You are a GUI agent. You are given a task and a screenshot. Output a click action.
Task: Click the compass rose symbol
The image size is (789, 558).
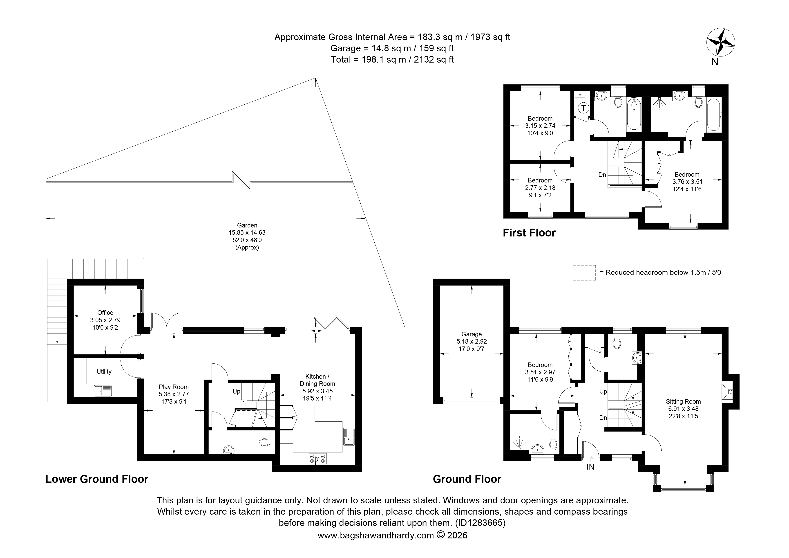[x=721, y=43]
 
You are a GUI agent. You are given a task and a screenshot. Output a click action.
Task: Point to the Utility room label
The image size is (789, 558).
[x=104, y=371]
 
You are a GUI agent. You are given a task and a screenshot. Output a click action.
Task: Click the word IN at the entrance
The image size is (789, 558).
[x=590, y=467]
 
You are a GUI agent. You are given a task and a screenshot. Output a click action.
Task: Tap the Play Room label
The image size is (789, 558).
[x=174, y=394]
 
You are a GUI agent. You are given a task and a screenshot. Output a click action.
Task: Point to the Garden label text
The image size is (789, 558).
[x=247, y=236]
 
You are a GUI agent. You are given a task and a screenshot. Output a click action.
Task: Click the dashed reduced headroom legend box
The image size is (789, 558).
[x=584, y=273]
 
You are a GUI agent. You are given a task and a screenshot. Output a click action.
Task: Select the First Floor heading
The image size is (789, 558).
[x=529, y=233]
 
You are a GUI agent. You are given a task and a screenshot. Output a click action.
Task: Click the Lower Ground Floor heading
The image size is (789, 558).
[x=97, y=479]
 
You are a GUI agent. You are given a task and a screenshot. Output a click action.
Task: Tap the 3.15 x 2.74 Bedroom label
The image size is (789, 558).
[x=540, y=126]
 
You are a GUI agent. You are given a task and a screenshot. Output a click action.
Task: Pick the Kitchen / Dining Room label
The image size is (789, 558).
[x=317, y=387]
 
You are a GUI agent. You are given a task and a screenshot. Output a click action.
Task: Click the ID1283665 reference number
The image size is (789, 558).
[x=480, y=523]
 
